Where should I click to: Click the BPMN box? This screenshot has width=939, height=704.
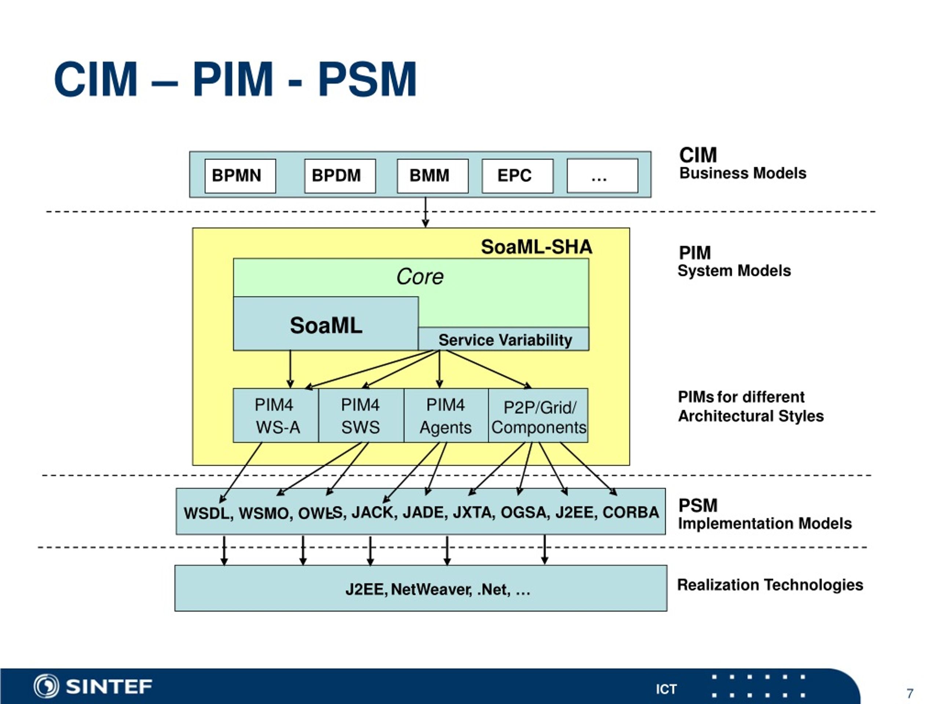pos(240,176)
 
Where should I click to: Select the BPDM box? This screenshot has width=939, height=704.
pos(340,176)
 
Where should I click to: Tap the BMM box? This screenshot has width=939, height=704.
pos(432,176)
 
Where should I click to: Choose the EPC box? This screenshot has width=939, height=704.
pos(518,176)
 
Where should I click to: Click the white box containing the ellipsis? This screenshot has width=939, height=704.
pos(602,176)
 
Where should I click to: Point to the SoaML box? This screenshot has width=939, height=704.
pos(326,323)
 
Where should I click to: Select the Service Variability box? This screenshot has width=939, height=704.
pos(504,339)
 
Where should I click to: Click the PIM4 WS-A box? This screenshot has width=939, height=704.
pos(276,415)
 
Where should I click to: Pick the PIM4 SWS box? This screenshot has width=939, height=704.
pos(361,415)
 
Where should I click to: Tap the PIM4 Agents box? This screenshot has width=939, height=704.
pos(446,415)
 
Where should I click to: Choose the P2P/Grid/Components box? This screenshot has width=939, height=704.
pos(538,415)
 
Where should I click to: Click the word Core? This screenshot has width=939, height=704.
pos(420,277)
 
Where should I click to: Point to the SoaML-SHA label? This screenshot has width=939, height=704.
pos(537,246)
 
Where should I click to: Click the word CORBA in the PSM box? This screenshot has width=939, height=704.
pos(631,512)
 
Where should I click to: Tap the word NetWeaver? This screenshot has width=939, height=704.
pos(431,590)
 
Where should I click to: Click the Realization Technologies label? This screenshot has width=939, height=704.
pos(770,585)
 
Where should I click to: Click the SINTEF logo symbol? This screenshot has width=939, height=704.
pos(46,686)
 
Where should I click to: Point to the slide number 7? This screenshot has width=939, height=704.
pos(910,693)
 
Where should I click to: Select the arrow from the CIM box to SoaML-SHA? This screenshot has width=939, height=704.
pos(425,212)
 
